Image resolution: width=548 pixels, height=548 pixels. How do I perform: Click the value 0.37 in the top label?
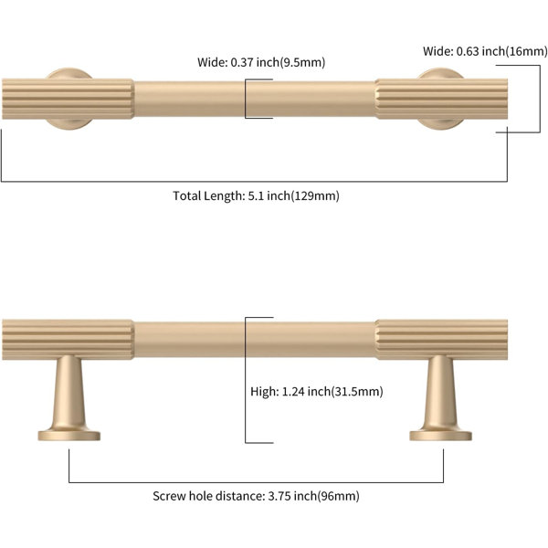pyautogui.click(x=242, y=62)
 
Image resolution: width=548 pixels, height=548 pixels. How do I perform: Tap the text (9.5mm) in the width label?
pyautogui.click(x=302, y=62)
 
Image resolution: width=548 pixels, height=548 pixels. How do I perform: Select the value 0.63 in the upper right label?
pyautogui.click(x=468, y=51)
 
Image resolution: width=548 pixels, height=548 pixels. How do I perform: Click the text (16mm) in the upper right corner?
pyautogui.click(x=526, y=51)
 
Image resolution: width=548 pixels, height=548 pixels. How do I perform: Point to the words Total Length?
pyautogui.click(x=208, y=195)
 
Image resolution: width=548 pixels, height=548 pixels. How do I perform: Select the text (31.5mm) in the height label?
pyautogui.click(x=357, y=392)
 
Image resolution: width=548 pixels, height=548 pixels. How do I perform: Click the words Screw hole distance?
pyautogui.click(x=208, y=496)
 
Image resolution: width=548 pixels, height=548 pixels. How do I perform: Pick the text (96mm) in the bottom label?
pyautogui.click(x=338, y=496)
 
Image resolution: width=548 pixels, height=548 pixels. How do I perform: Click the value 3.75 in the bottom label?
pyautogui.click(x=279, y=496)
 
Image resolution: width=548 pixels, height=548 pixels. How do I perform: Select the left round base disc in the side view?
pyautogui.click(x=69, y=436)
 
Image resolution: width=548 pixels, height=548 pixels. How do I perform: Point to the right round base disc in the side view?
pyautogui.click(x=441, y=436)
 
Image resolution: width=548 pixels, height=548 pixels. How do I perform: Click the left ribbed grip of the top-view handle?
pyautogui.click(x=68, y=99)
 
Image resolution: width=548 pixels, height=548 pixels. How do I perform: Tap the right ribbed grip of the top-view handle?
pyautogui.click(x=441, y=99)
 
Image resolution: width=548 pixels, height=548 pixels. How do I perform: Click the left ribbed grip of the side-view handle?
pyautogui.click(x=68, y=340)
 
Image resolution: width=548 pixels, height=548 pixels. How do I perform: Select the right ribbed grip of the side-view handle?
pyautogui.click(x=441, y=340)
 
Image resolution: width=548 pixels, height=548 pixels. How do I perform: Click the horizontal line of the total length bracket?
pyautogui.click(x=254, y=182)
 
